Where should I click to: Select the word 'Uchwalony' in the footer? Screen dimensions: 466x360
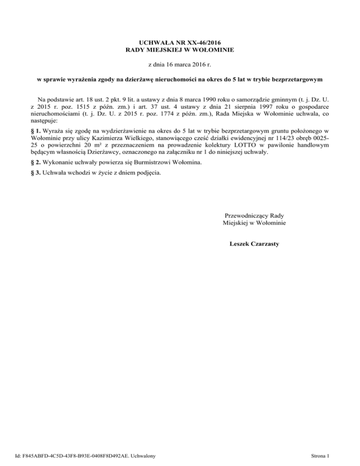[143, 455]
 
